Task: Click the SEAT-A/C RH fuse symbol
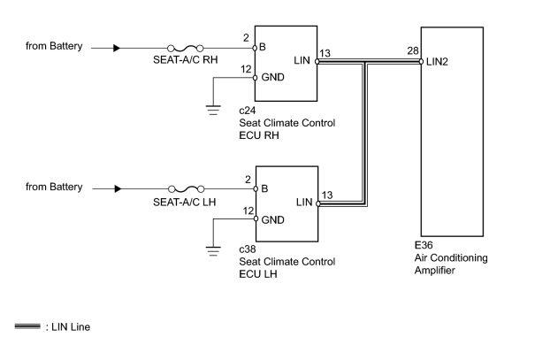186,48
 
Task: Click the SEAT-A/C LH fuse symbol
187,188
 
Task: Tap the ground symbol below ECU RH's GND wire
213,110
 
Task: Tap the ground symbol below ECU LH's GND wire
213,251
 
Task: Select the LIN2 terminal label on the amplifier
437,62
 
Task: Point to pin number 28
413,50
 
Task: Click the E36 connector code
424,245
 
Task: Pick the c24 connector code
247,111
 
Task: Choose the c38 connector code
248,249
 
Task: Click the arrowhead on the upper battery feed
117,48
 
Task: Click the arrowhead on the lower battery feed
118,188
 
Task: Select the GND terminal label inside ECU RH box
272,77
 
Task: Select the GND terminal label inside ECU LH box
272,219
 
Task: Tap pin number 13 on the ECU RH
325,53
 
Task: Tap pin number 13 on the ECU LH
327,195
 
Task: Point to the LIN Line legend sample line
27,326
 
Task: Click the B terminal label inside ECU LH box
264,188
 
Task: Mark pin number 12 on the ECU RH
246,69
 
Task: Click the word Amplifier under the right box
435,271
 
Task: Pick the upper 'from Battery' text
54,46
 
